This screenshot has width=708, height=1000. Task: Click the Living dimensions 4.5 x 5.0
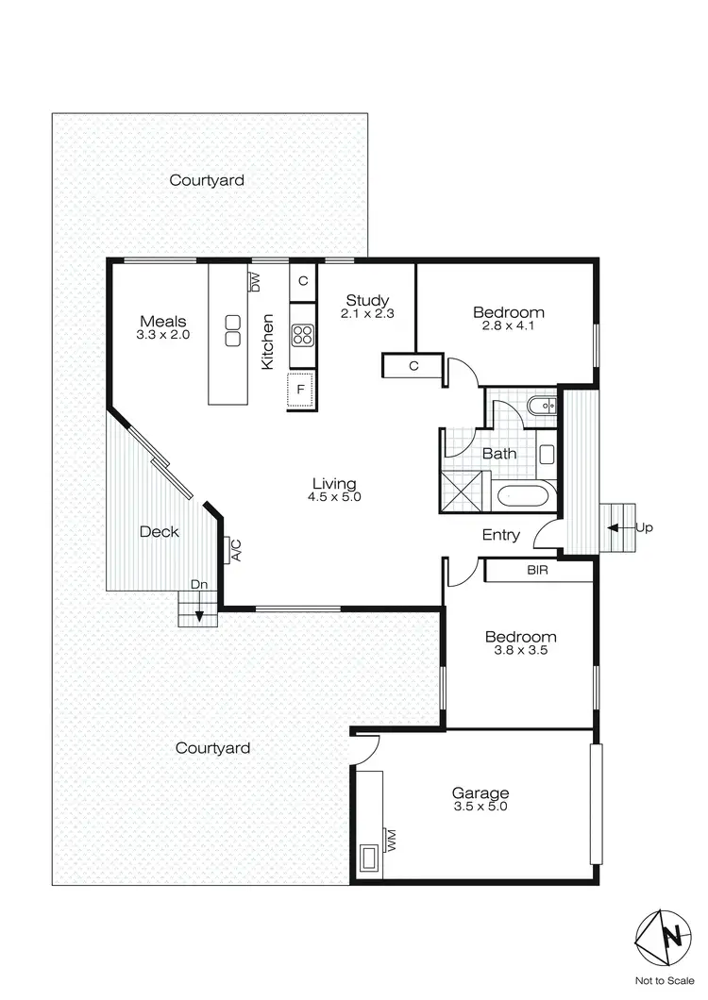pyautogui.click(x=335, y=496)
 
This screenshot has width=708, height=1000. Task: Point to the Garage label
pyautogui.click(x=480, y=793)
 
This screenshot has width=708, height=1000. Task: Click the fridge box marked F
pyautogui.click(x=301, y=388)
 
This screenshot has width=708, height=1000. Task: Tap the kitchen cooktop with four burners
pyautogui.click(x=302, y=334)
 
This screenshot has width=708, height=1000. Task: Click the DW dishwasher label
pyautogui.click(x=254, y=281)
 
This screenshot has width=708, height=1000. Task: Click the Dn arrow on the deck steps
pyautogui.click(x=199, y=614)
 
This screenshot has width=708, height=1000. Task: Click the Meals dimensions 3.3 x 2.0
pyautogui.click(x=163, y=334)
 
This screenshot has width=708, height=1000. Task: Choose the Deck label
pyautogui.click(x=159, y=532)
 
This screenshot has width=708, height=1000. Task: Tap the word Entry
pyautogui.click(x=500, y=535)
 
